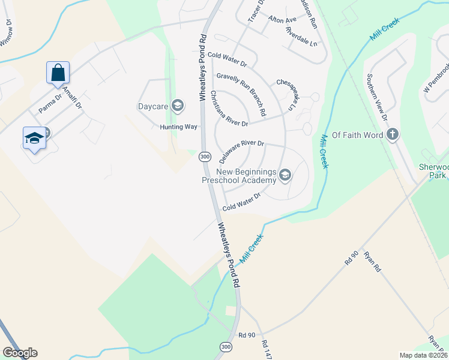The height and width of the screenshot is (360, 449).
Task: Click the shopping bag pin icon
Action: coord(58,73)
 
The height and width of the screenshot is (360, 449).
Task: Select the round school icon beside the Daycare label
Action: coord(177,106)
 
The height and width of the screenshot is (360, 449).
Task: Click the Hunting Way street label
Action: coord(178,127)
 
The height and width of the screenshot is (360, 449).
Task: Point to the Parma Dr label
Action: coord(50,104)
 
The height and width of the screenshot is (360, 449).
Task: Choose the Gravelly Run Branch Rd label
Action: coord(241,94)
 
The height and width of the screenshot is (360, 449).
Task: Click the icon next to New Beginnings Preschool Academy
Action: coord(285,175)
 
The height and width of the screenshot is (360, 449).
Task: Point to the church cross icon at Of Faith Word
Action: coord(393,134)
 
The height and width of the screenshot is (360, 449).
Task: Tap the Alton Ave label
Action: coord(283,20)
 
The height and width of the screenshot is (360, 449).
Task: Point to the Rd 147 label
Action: coord(267,350)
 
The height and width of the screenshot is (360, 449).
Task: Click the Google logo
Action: coord(20,353)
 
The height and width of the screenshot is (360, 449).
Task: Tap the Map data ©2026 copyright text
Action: coord(424,355)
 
